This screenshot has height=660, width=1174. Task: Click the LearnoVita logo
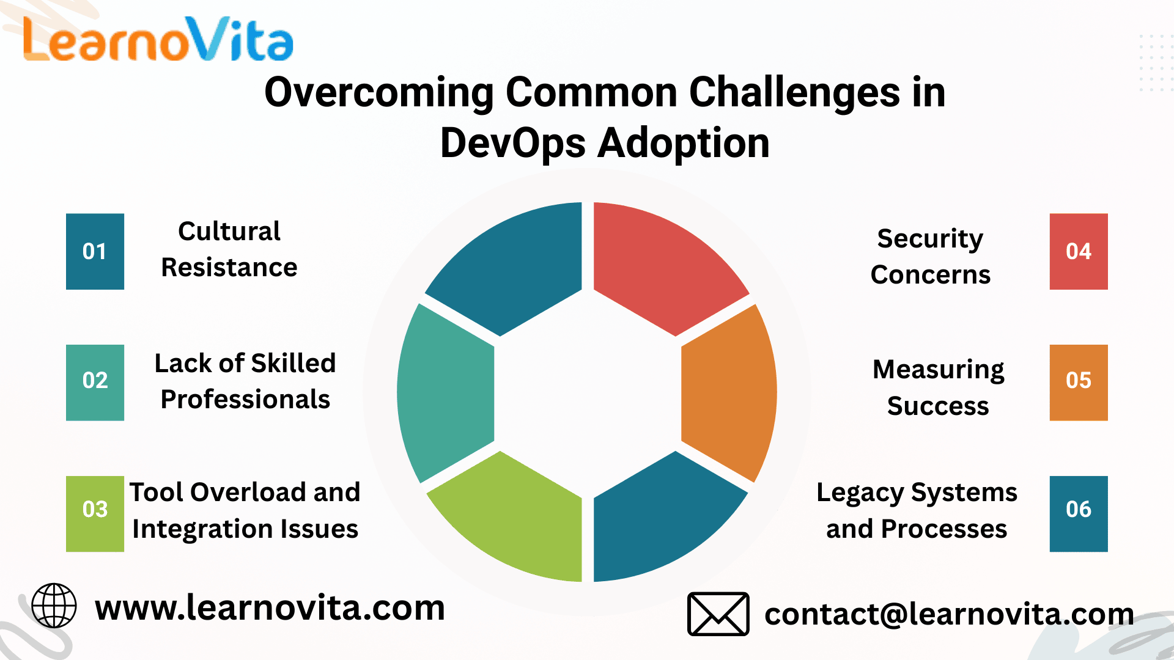click(158, 39)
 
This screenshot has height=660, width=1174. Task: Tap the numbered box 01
click(95, 251)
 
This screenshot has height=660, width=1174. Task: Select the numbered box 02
click(95, 383)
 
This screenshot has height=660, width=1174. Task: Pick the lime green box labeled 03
click(95, 514)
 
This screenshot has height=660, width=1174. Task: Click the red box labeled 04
click(1079, 251)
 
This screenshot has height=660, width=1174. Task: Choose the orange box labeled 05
click(1079, 383)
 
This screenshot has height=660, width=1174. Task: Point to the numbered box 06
click(1079, 514)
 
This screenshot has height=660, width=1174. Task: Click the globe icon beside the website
click(54, 606)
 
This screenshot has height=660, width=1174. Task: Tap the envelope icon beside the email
click(718, 614)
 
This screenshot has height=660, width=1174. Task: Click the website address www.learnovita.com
click(270, 608)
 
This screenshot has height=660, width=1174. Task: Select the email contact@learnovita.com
click(949, 614)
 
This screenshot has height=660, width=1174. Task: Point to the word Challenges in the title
click(794, 92)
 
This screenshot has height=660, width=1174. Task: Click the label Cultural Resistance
click(229, 249)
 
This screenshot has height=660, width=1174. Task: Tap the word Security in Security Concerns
click(930, 238)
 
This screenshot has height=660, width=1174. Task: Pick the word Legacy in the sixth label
click(860, 493)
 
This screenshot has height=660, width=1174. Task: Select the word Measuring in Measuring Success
click(939, 370)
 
